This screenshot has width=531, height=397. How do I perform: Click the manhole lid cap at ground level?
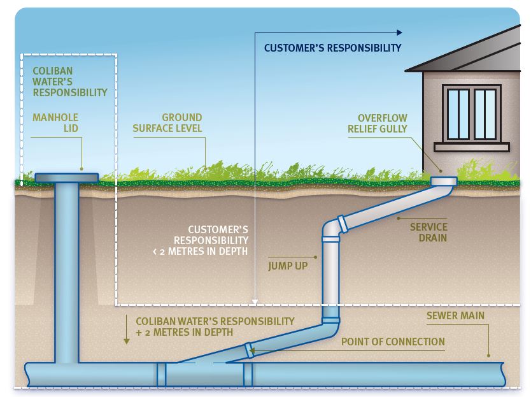click(x=66, y=177)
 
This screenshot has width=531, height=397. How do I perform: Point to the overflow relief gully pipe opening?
click(x=443, y=181)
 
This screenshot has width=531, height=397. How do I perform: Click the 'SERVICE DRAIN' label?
click(x=428, y=233)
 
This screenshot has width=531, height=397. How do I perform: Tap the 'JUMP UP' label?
click(x=287, y=265)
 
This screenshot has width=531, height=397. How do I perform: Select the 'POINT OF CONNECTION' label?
click(x=393, y=342)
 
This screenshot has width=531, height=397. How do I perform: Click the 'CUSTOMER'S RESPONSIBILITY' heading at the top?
click(x=332, y=48)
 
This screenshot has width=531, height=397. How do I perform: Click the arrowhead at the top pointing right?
click(x=399, y=32)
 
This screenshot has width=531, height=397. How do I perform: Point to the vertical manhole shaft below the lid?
click(x=66, y=268)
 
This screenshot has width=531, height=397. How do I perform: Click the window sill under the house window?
click(x=471, y=147)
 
